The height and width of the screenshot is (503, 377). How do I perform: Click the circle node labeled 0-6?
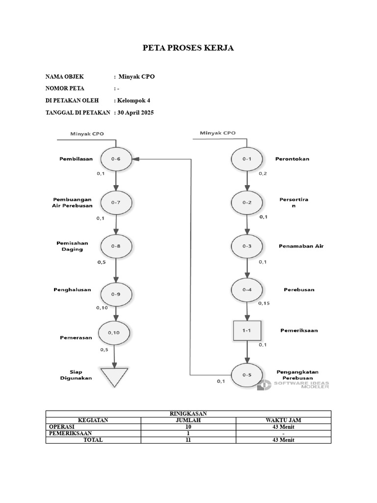[116, 159]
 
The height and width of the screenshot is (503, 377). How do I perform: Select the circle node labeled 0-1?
[247, 159]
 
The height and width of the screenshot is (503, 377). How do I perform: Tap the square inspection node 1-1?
[247, 331]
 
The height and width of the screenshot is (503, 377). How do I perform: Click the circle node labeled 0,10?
[114, 333]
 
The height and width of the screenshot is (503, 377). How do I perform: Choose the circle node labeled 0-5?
[247, 375]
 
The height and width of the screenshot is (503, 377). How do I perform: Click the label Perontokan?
[293, 159]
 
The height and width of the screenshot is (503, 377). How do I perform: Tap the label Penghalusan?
[72, 290]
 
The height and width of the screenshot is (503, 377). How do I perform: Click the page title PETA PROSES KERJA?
[188, 48]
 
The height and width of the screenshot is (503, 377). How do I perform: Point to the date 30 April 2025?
[135, 112]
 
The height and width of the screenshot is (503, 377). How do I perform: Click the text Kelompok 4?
[134, 100]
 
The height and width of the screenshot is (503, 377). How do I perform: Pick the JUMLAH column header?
[188, 420]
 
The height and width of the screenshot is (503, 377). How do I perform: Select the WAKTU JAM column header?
[283, 420]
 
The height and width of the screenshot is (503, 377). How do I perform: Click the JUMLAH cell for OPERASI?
[188, 427]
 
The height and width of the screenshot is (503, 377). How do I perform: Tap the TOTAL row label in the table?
[93, 440]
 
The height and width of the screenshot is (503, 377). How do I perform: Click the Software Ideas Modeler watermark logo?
[264, 385]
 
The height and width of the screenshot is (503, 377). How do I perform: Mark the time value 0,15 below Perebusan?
[264, 303]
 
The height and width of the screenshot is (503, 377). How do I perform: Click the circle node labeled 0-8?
[116, 246]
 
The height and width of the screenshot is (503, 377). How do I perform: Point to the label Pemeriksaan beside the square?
[298, 331]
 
